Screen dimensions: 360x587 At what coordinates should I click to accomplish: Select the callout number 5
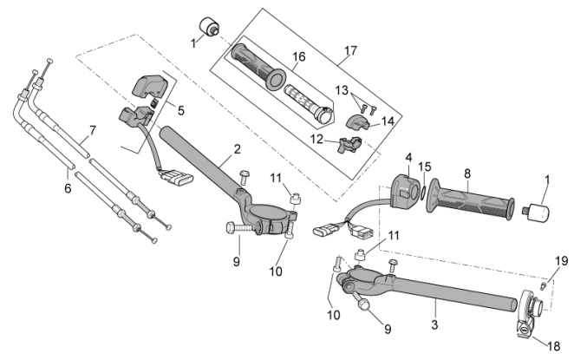[180, 110]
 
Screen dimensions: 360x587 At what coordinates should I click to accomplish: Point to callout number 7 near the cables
[92, 132]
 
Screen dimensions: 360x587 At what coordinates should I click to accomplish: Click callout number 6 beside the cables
[68, 186]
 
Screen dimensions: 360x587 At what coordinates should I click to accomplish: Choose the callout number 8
[467, 173]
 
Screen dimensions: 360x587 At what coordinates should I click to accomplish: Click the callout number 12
[318, 139]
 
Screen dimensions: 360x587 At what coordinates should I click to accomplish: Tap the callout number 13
[342, 89]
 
